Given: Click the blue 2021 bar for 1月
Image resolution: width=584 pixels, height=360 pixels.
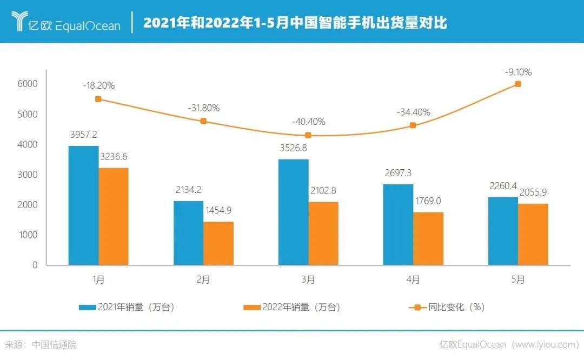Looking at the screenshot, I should [x=83, y=205].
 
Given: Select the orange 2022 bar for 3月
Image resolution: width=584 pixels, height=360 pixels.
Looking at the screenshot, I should [x=323, y=234].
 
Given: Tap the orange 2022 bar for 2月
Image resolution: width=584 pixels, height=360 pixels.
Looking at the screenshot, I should [x=218, y=243].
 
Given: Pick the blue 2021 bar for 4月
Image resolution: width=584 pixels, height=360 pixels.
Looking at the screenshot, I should [x=399, y=224].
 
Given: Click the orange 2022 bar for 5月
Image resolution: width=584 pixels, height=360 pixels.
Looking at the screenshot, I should [x=533, y=234].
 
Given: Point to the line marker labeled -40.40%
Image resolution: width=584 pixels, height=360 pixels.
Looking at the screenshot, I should [x=308, y=135].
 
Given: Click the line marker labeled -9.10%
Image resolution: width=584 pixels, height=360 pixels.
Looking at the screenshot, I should [x=518, y=84].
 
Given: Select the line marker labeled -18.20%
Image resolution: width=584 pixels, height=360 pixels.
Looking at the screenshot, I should [x=98, y=99].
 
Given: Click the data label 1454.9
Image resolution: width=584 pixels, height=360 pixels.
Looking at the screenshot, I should [x=218, y=210].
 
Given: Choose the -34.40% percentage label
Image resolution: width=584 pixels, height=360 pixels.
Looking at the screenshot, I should [x=414, y=112].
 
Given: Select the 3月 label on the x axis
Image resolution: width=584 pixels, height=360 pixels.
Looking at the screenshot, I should [x=308, y=279].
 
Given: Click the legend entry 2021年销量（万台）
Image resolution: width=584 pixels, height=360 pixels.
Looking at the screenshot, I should [x=128, y=307].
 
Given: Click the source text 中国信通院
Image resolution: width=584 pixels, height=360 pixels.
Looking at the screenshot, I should [x=54, y=344].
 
